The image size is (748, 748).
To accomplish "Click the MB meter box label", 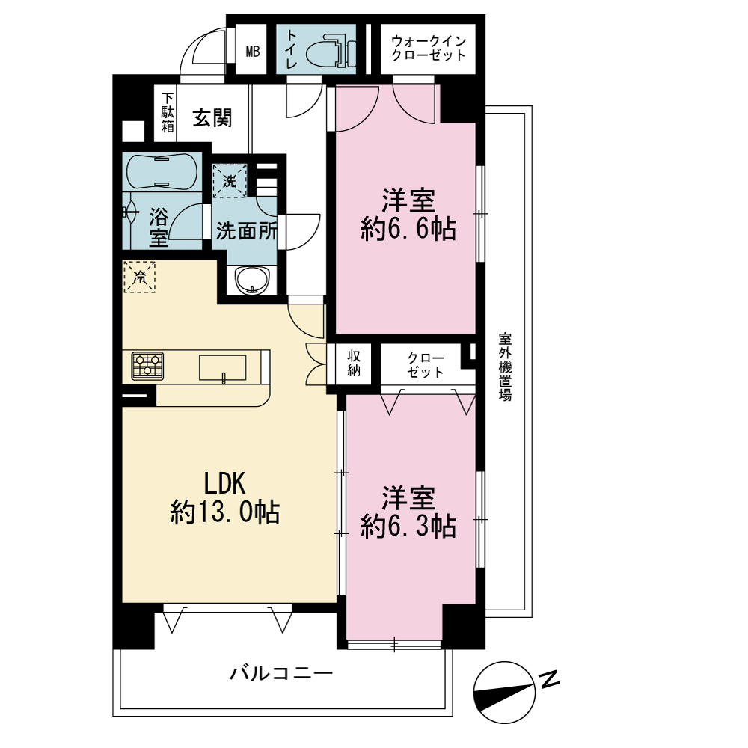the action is pos(252,51).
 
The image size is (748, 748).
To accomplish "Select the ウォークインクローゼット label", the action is pos(428,48).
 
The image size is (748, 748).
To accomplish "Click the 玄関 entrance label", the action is pos(212,118).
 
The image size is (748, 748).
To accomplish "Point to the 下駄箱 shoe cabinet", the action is pos(167,113).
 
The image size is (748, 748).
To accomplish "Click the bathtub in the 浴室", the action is pos(162,172).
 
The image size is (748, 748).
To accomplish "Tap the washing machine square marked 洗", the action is pos(230,181).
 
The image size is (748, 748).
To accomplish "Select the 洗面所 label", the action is pos(246,231).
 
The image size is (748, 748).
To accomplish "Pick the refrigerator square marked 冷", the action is pos(140,277).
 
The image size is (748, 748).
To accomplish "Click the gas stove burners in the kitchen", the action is pos(147,366).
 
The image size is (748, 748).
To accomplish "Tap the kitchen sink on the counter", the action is pos(223,368).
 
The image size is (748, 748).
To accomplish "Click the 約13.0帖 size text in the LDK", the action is pos(224,513).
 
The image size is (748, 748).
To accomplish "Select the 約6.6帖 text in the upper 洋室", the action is pos(408,230).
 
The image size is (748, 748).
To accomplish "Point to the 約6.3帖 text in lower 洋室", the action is pos(408,527).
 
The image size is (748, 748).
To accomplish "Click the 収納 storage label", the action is pos(354,364).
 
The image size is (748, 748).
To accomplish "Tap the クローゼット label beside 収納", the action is pos(426,365).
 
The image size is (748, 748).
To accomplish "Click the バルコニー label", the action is pos(281,673).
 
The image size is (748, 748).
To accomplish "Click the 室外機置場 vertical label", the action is pos(505,367).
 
